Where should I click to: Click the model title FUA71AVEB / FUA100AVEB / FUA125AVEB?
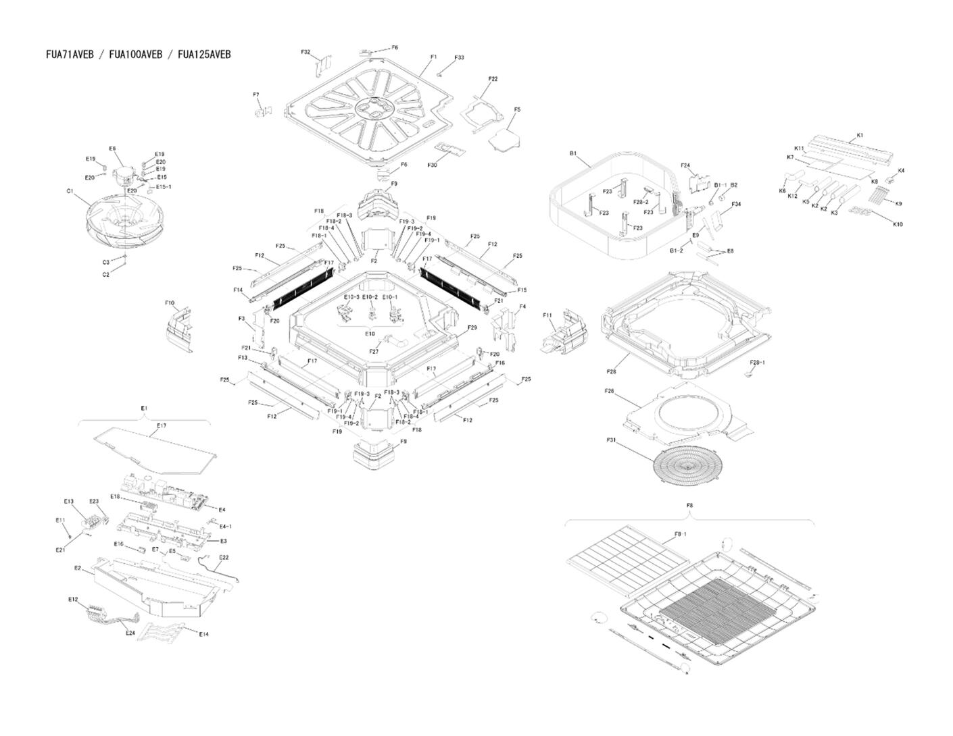tap(138, 55)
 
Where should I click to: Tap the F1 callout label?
tap(433, 57)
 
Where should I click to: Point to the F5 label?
tap(517, 109)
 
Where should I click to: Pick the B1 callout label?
tap(573, 154)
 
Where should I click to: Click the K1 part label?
tap(860, 136)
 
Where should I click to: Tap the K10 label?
tap(898, 224)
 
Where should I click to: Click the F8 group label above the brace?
tap(689, 505)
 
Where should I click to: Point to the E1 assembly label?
tap(144, 409)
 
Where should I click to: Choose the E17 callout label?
tap(162, 426)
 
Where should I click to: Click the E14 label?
tap(204, 634)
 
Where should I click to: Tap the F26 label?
tap(609, 391)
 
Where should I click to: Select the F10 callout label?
tap(170, 303)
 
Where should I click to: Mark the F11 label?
tap(547, 315)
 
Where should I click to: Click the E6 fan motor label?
tap(112, 149)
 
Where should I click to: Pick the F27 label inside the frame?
tap(374, 351)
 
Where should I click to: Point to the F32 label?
tap(306, 52)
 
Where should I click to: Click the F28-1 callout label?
tap(758, 363)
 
